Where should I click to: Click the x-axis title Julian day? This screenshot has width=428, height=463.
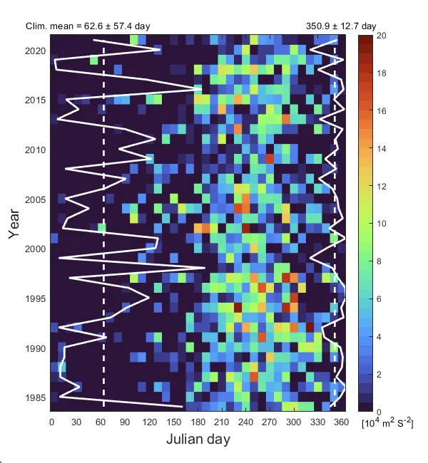click(x=198, y=439)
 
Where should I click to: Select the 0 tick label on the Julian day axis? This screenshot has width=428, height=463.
click(x=51, y=422)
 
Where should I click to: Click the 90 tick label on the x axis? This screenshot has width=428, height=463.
click(x=125, y=422)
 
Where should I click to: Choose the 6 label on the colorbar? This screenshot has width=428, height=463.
click(x=382, y=299)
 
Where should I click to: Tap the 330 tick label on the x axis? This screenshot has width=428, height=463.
click(x=320, y=422)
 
